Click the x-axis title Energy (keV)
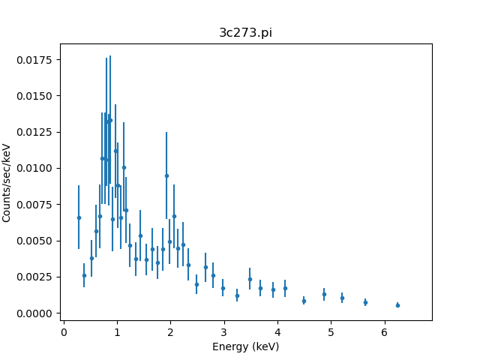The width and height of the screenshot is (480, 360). [x=246, y=346]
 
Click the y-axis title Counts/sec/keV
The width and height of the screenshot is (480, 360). [x=7, y=182]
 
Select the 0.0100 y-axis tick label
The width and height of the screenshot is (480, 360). [x=37, y=168]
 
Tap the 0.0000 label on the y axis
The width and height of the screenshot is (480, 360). [x=37, y=313]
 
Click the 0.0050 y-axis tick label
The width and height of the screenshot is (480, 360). [x=37, y=241]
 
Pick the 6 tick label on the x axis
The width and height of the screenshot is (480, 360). [x=384, y=331]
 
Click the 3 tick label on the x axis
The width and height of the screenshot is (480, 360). [x=223, y=331]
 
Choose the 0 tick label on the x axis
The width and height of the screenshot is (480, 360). [x=64, y=331]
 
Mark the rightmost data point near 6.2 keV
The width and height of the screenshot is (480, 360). [x=397, y=305]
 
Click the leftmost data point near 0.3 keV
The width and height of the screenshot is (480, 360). [x=79, y=217]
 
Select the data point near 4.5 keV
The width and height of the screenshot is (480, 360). [x=304, y=301]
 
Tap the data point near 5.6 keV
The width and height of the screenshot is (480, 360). [x=365, y=302]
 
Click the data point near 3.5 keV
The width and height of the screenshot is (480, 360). [x=250, y=279]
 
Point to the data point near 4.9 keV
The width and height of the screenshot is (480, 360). [x=324, y=294]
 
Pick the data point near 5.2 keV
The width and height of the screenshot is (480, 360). [x=342, y=298]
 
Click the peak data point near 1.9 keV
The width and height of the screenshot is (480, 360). [x=166, y=175]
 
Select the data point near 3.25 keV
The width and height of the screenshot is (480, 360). [x=237, y=295]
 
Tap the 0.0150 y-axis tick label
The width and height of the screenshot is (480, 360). [x=37, y=96]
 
